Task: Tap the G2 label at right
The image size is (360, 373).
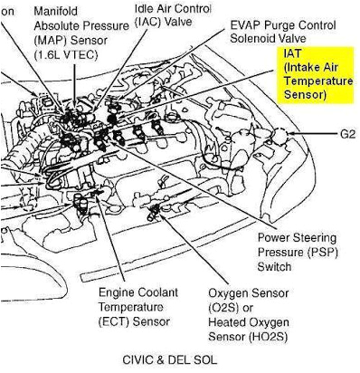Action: [x=348, y=136]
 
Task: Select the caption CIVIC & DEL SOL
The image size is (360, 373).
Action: [x=170, y=359]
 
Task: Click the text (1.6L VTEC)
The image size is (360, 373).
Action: [x=62, y=54]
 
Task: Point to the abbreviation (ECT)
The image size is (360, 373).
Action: [x=117, y=320]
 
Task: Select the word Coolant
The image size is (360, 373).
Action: [x=144, y=293]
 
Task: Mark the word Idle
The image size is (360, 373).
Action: [x=146, y=8]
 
